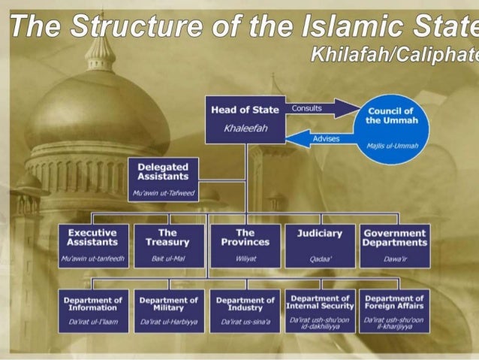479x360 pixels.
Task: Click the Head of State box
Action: tap(245, 119)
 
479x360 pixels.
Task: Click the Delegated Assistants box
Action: tap(163, 178)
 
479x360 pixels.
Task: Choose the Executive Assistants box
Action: tap(92, 246)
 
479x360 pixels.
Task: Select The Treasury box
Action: tap(167, 246)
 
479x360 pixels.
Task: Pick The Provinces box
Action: tap(245, 246)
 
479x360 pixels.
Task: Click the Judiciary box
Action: tap(320, 246)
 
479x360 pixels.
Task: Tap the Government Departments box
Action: tap(395, 246)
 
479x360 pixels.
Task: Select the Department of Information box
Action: tap(95, 310)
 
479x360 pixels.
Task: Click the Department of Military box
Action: tap(168, 310)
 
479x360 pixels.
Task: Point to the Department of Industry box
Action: tap(245, 310)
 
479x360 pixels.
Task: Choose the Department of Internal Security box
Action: tap(320, 310)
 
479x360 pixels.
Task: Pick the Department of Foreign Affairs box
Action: tap(395, 310)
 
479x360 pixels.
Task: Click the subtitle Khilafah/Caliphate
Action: tap(393, 54)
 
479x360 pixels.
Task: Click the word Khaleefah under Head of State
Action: tap(245, 128)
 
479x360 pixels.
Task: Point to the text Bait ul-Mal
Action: tap(167, 259)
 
